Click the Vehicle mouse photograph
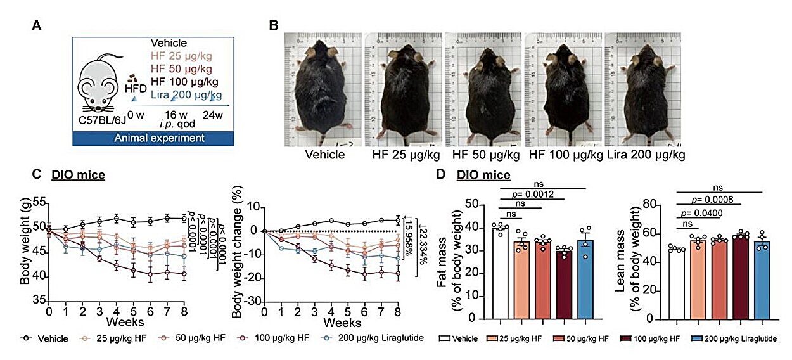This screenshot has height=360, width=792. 323,89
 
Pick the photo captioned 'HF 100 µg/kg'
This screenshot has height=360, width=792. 563,89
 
